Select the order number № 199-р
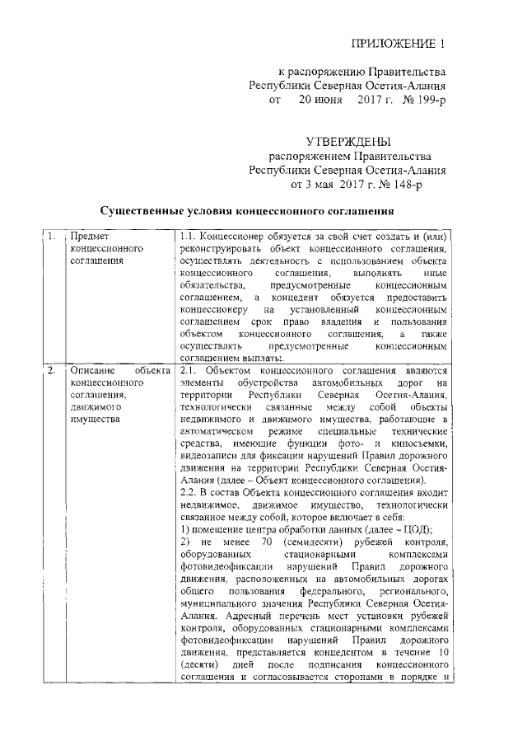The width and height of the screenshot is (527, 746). pos(420,101)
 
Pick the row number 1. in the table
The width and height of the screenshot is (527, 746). pos(52,237)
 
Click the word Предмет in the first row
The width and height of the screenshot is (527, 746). pos(91,237)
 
